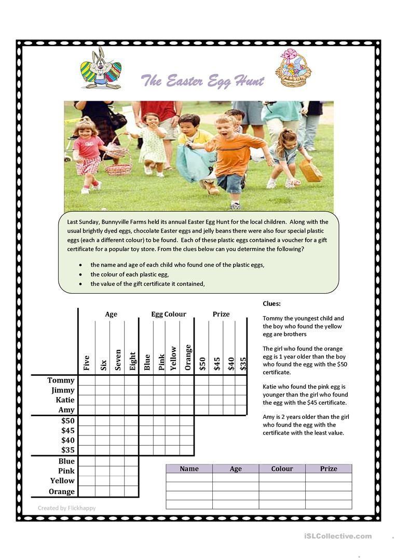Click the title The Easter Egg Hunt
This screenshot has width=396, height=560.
tap(202, 81)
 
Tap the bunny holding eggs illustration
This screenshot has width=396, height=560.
tap(101, 68)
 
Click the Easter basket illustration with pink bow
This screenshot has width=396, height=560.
tap(293, 68)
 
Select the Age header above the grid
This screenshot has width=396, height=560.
tap(111, 314)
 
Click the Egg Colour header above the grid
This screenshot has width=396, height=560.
tap(169, 314)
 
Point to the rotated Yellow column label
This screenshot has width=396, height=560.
tap(173, 358)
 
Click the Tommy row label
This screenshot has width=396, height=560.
tap(61, 380)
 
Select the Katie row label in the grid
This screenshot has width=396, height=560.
tap(65, 400)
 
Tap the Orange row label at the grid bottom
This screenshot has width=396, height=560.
tap(62, 491)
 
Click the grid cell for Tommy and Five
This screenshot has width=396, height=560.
tap(87, 380)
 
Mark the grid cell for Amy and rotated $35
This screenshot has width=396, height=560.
tap(241, 410)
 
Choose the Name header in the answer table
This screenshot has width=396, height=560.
tap(189, 469)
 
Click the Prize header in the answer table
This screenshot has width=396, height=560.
tap(329, 469)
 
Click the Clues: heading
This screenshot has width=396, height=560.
tap(271, 304)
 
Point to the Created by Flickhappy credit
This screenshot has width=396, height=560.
tap(66, 508)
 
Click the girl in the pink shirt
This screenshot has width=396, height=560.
tap(88, 151)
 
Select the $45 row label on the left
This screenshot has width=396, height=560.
tap(67, 430)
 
